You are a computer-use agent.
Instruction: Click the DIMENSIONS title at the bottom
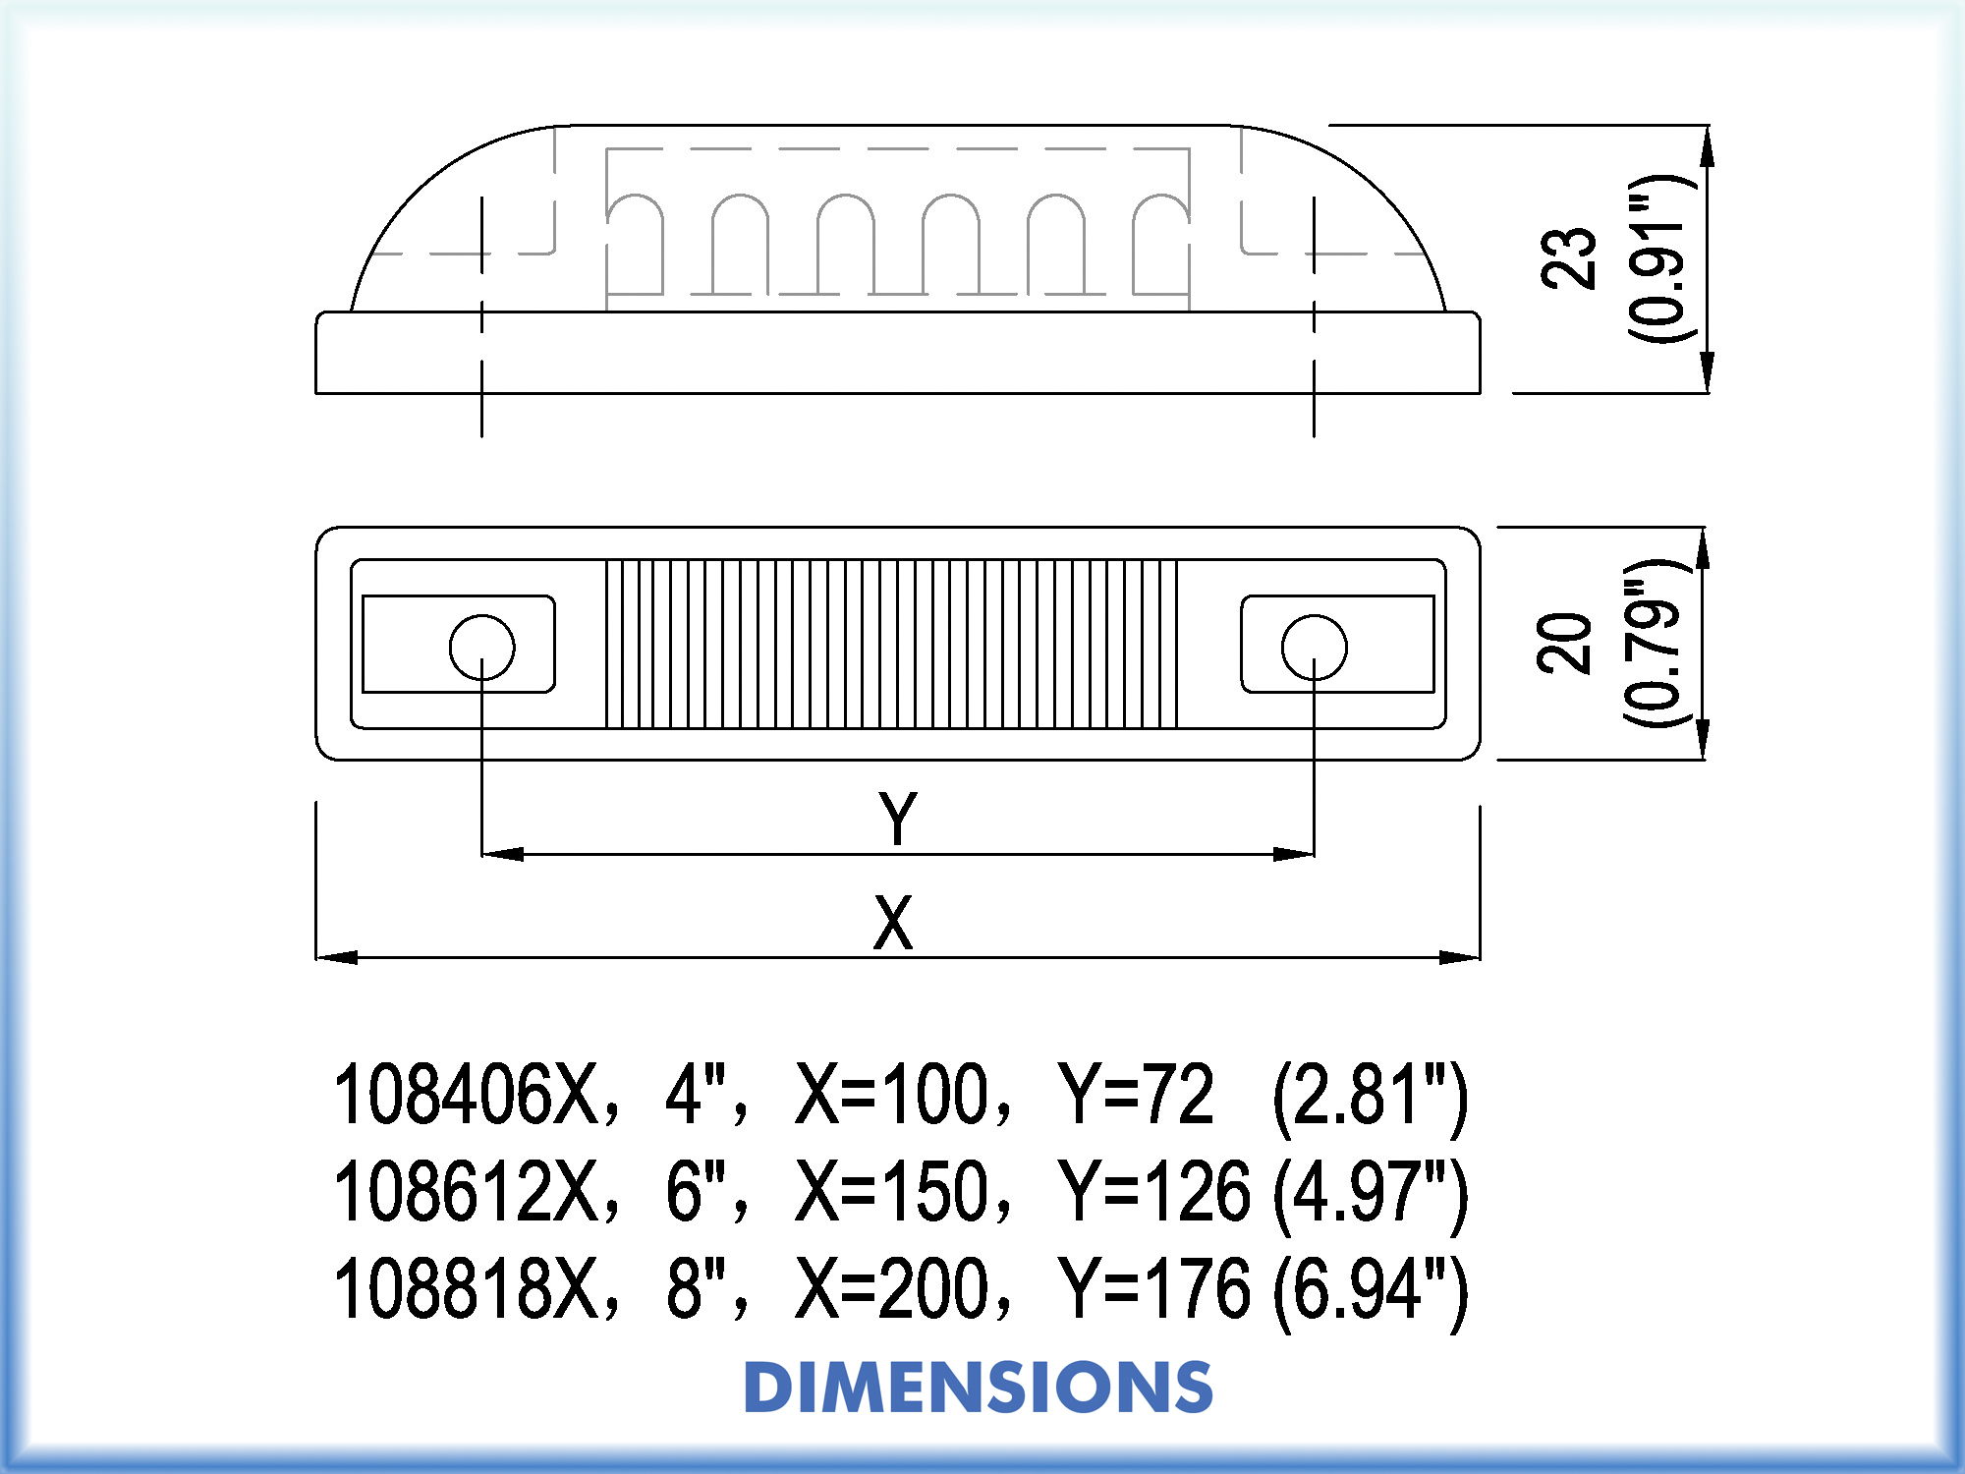click(979, 1387)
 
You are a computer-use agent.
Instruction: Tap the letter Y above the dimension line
click(898, 818)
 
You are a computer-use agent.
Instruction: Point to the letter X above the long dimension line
click(893, 922)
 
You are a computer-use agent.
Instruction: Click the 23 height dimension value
click(1569, 257)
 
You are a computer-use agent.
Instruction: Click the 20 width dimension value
click(1564, 643)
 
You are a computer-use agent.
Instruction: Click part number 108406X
click(468, 1094)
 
